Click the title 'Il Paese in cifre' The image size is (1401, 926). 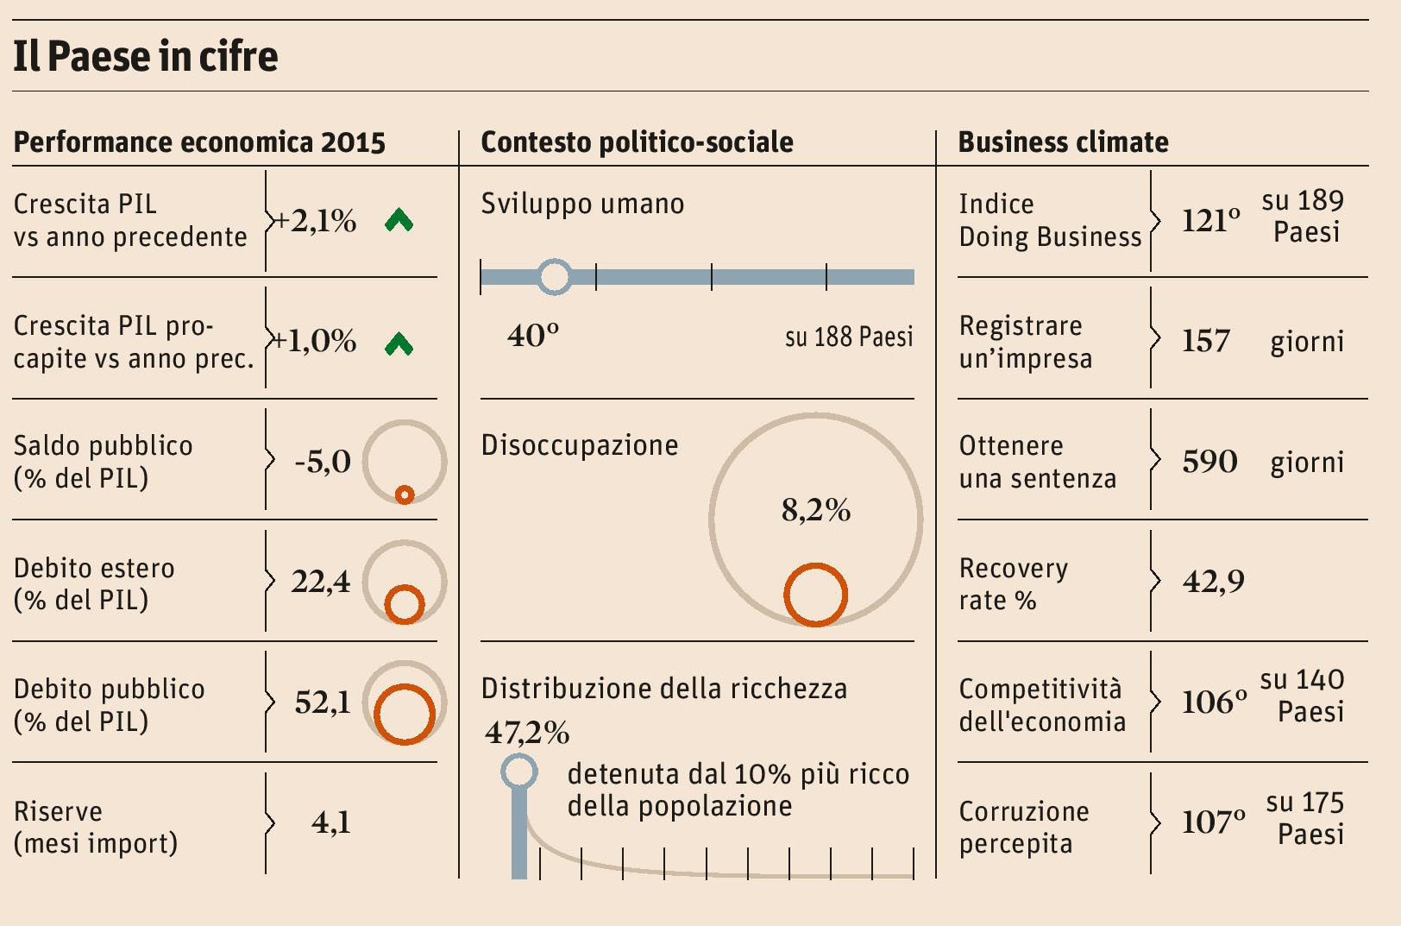(145, 56)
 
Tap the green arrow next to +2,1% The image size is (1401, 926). (399, 220)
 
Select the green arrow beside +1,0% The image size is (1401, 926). (399, 343)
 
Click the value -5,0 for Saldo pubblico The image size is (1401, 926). (323, 462)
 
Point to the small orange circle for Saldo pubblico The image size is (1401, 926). (404, 494)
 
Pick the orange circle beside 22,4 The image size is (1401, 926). (404, 604)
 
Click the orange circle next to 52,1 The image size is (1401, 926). (404, 714)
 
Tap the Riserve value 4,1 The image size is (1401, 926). (331, 822)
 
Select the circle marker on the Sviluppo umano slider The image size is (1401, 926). (554, 277)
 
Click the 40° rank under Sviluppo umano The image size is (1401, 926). (533, 335)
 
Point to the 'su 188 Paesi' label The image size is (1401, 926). (849, 337)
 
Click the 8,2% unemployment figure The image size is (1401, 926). (816, 510)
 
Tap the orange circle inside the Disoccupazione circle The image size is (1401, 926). (815, 595)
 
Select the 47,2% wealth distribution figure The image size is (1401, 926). (527, 733)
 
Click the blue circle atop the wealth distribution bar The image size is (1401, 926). (519, 772)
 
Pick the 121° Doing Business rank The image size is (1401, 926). (1211, 221)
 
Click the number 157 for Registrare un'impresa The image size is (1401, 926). (1206, 341)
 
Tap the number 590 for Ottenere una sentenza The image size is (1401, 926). (1209, 462)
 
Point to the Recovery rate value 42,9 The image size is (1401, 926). (1214, 582)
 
